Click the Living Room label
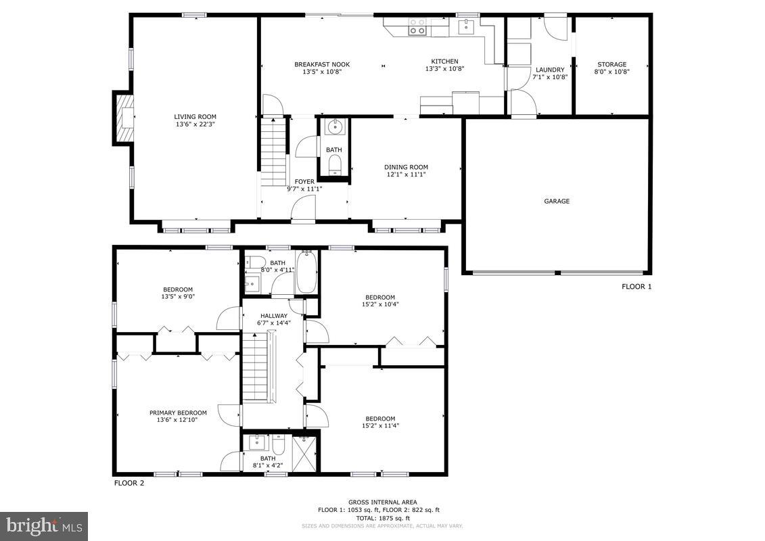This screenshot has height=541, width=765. [195, 116]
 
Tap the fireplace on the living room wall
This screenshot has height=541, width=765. [123, 118]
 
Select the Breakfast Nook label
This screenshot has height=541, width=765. [322, 64]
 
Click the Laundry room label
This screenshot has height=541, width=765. [549, 70]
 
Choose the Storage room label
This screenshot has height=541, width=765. [610, 64]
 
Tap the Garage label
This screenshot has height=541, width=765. [557, 201]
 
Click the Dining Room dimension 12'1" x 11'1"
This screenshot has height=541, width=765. [406, 174]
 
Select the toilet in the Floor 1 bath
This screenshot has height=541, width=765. [334, 164]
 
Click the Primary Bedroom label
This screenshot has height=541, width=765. [178, 413]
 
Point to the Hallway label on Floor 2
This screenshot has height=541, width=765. [274, 316]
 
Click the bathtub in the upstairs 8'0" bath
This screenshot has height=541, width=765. [306, 273]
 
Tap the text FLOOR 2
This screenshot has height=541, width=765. [129, 483]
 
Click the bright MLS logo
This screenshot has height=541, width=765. [44, 525]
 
